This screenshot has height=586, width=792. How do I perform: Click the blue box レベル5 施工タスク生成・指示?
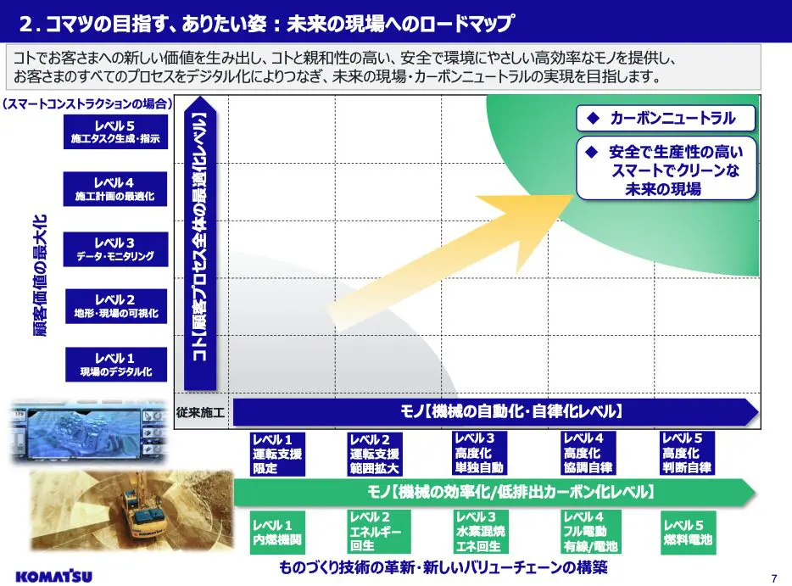click(x=115, y=131)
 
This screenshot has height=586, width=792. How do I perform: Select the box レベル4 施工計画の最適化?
click(x=115, y=189)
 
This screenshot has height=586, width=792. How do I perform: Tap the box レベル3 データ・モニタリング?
click(x=115, y=249)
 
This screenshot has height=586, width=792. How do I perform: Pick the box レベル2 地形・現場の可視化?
click(x=116, y=306)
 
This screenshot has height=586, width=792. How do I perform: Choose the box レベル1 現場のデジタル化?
click(x=116, y=364)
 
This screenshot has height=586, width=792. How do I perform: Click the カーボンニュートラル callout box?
click(x=666, y=118)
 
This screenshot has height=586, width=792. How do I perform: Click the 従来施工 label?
click(x=200, y=413)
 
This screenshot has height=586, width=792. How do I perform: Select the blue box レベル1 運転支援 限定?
click(x=277, y=454)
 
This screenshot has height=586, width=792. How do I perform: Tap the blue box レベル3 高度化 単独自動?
click(x=479, y=453)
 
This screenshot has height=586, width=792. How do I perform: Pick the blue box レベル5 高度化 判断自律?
click(x=688, y=453)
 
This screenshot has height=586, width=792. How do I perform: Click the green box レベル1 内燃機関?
click(x=277, y=533)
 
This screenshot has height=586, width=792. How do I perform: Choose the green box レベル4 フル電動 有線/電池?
click(x=591, y=532)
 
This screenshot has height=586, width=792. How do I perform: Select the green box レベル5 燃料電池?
click(x=688, y=533)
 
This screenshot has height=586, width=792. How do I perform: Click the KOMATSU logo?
click(x=54, y=576)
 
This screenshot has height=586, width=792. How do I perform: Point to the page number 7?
click(x=774, y=578)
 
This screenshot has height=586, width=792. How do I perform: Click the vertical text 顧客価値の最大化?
click(x=40, y=276)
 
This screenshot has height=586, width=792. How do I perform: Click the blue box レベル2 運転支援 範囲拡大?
click(x=374, y=454)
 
